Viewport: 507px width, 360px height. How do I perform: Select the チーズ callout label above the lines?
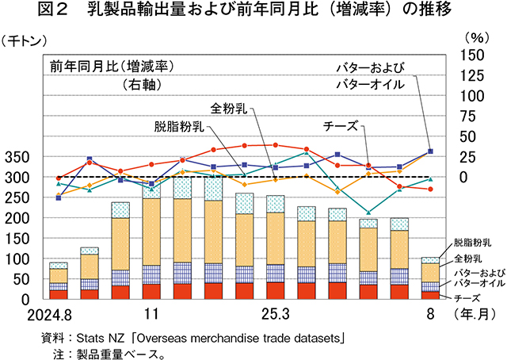click(x=341, y=125)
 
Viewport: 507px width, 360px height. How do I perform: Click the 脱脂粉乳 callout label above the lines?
click(x=178, y=125)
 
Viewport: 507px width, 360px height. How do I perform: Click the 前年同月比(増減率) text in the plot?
click(x=111, y=65)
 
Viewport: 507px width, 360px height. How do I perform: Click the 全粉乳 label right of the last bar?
click(x=469, y=259)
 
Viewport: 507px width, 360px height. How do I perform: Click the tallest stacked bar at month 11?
click(x=151, y=242)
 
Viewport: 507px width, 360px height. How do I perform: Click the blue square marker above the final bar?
click(x=430, y=151)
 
